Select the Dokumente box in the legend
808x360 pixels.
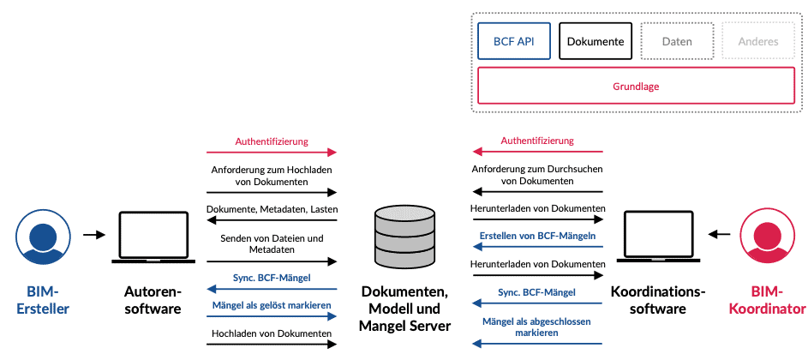(595, 41)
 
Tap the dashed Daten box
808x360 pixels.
(677, 41)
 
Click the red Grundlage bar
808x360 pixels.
(636, 87)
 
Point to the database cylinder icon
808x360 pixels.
(404, 236)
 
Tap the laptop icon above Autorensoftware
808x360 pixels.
(153, 236)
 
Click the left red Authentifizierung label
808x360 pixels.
(271, 141)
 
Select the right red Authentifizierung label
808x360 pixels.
(537, 141)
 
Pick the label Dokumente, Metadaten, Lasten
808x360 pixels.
(271, 209)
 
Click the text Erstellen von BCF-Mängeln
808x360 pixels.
(537, 235)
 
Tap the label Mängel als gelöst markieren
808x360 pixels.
(271, 304)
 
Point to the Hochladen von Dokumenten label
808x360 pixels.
(271, 333)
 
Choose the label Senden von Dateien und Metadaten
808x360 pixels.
(271, 243)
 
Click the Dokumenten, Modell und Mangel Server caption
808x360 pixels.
(405, 308)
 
